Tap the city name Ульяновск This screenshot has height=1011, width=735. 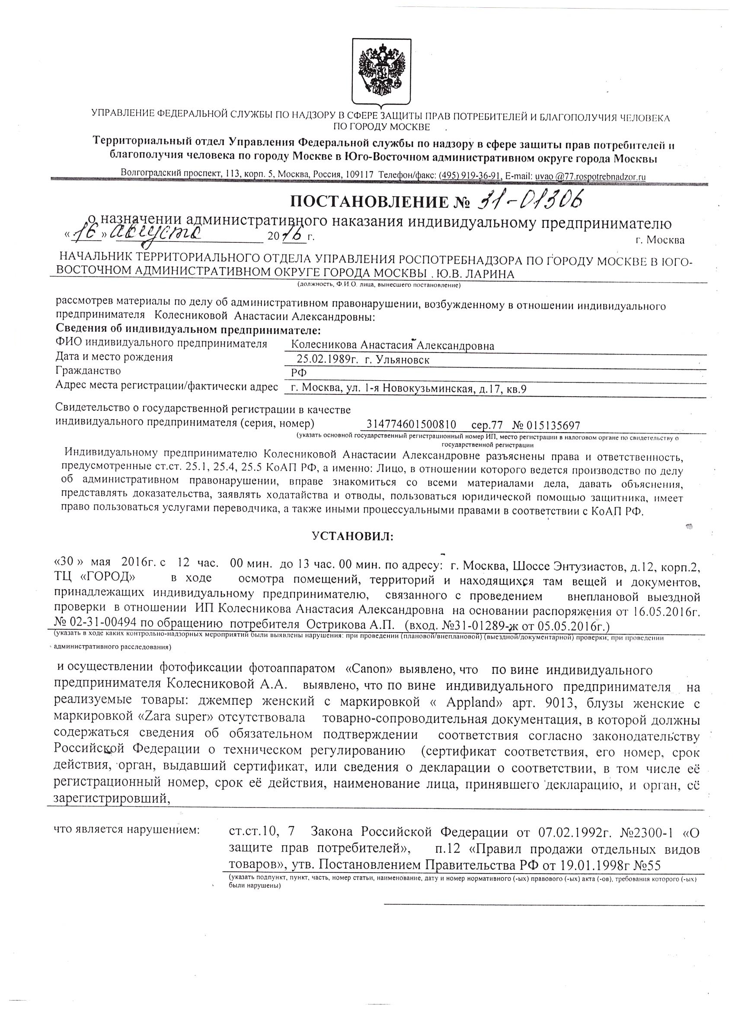click(404, 360)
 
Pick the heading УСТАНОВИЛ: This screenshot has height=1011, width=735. click(353, 537)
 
